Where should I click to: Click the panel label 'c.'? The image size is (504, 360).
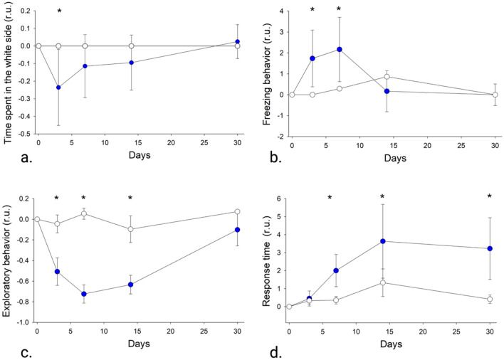(x=10, y=351)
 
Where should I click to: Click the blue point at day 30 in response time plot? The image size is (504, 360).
(x=490, y=248)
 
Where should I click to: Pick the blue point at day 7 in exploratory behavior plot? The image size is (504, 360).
(x=84, y=294)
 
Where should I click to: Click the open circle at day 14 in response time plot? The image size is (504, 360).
(x=383, y=282)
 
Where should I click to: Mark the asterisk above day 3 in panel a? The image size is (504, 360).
(x=59, y=12)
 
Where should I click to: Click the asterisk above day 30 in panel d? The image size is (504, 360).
(x=490, y=197)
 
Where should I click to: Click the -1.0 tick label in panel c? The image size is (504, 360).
(x=23, y=322)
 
